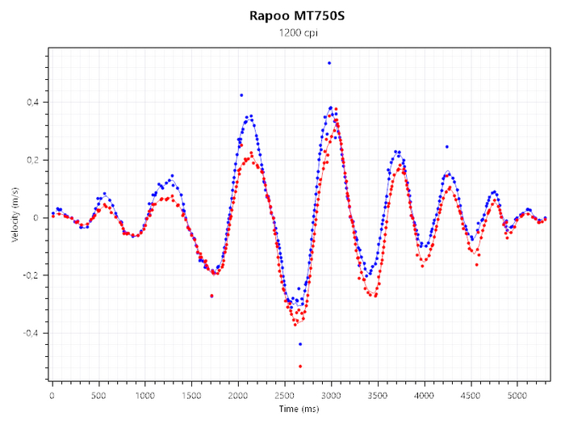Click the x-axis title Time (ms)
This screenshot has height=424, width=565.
coord(299,409)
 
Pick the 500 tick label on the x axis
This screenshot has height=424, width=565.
coord(99,396)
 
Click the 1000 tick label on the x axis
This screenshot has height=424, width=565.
coord(145,396)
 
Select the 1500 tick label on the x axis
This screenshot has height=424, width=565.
coord(192,396)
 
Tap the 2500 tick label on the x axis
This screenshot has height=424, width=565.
coord(285,396)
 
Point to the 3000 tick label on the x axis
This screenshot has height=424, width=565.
coord(332,396)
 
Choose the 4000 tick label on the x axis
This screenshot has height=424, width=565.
coord(425,396)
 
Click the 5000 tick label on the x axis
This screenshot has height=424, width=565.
coord(517,396)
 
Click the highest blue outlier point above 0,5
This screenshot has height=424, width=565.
coord(329,63)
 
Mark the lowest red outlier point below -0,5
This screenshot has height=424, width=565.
coord(300,367)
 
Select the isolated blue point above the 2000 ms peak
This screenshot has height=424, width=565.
coord(241,95)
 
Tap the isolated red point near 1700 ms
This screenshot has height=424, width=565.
coord(211,296)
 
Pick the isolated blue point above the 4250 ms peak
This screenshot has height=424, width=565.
coord(446,147)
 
